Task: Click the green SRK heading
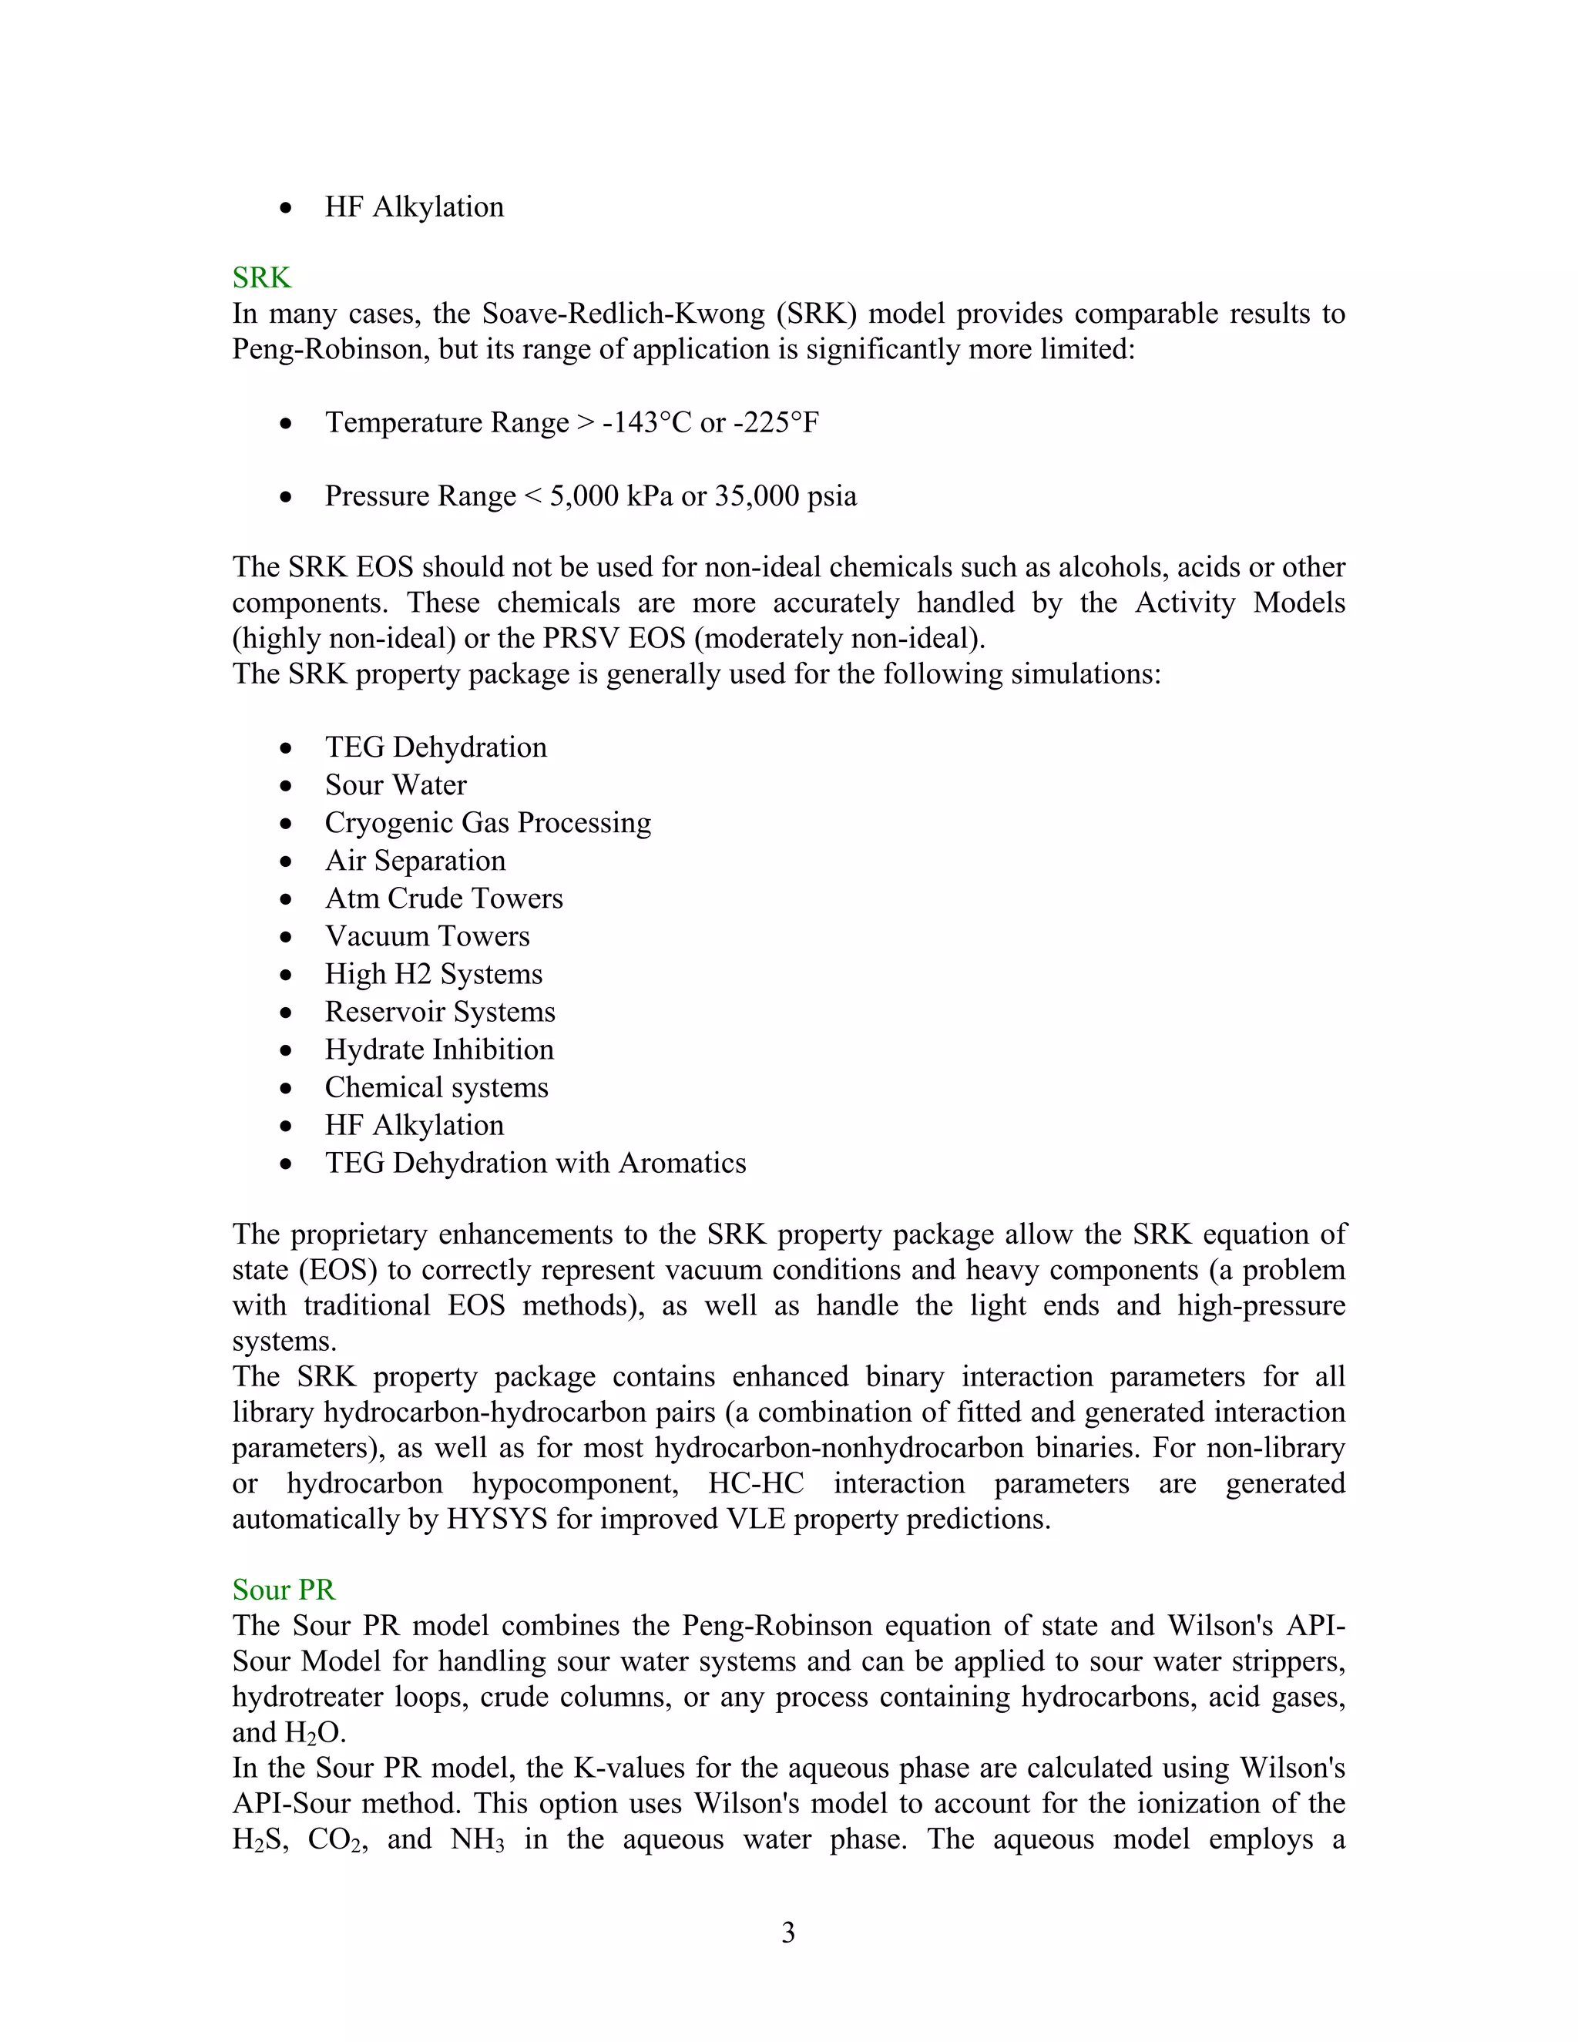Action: [262, 277]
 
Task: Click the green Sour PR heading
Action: [284, 1590]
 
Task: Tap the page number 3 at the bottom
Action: [788, 1933]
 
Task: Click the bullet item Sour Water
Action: [395, 785]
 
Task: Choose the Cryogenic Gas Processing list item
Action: [488, 823]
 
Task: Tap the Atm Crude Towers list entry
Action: [444, 898]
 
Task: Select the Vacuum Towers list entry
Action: [427, 937]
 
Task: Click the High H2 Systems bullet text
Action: [434, 974]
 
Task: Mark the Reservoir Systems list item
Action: [440, 1013]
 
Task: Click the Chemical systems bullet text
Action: [437, 1088]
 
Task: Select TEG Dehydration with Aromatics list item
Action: [536, 1163]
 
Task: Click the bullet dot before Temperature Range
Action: [286, 425]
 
